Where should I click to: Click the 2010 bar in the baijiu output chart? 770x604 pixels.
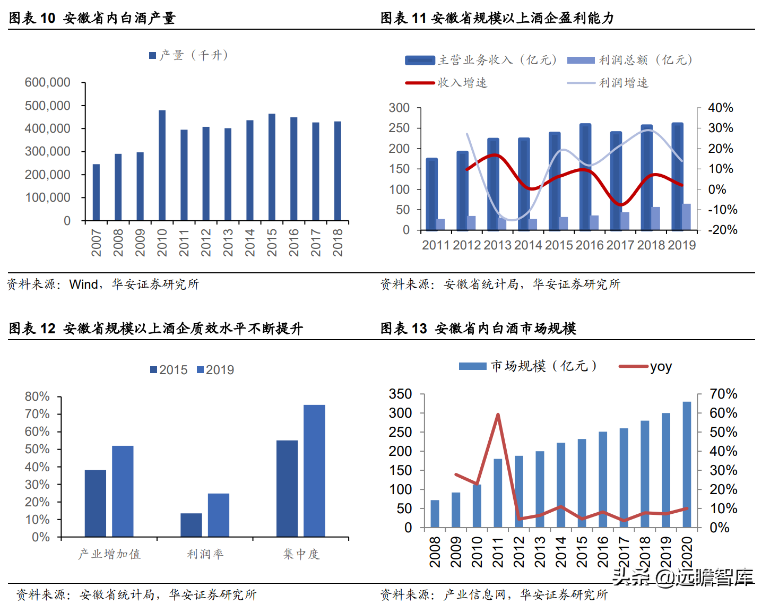tap(162, 166)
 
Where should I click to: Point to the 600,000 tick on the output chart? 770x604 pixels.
tap(48, 82)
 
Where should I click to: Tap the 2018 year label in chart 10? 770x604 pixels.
tap(338, 243)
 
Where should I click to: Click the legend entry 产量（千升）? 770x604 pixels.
tap(189, 55)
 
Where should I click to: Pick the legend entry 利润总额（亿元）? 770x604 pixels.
tap(629, 60)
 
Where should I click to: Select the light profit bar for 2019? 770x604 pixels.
tap(686, 217)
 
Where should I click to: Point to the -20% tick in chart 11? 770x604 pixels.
tap(722, 230)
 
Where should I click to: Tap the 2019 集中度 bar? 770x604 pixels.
tap(314, 471)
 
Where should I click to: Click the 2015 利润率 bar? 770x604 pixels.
tap(191, 525)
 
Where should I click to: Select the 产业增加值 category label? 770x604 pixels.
tap(109, 554)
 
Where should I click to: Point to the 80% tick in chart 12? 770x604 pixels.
tap(37, 396)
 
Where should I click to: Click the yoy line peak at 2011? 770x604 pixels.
tap(498, 415)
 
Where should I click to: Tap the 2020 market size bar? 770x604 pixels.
tap(687, 464)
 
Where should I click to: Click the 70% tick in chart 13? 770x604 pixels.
tap(723, 394)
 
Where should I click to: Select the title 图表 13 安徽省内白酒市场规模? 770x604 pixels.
tap(478, 329)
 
